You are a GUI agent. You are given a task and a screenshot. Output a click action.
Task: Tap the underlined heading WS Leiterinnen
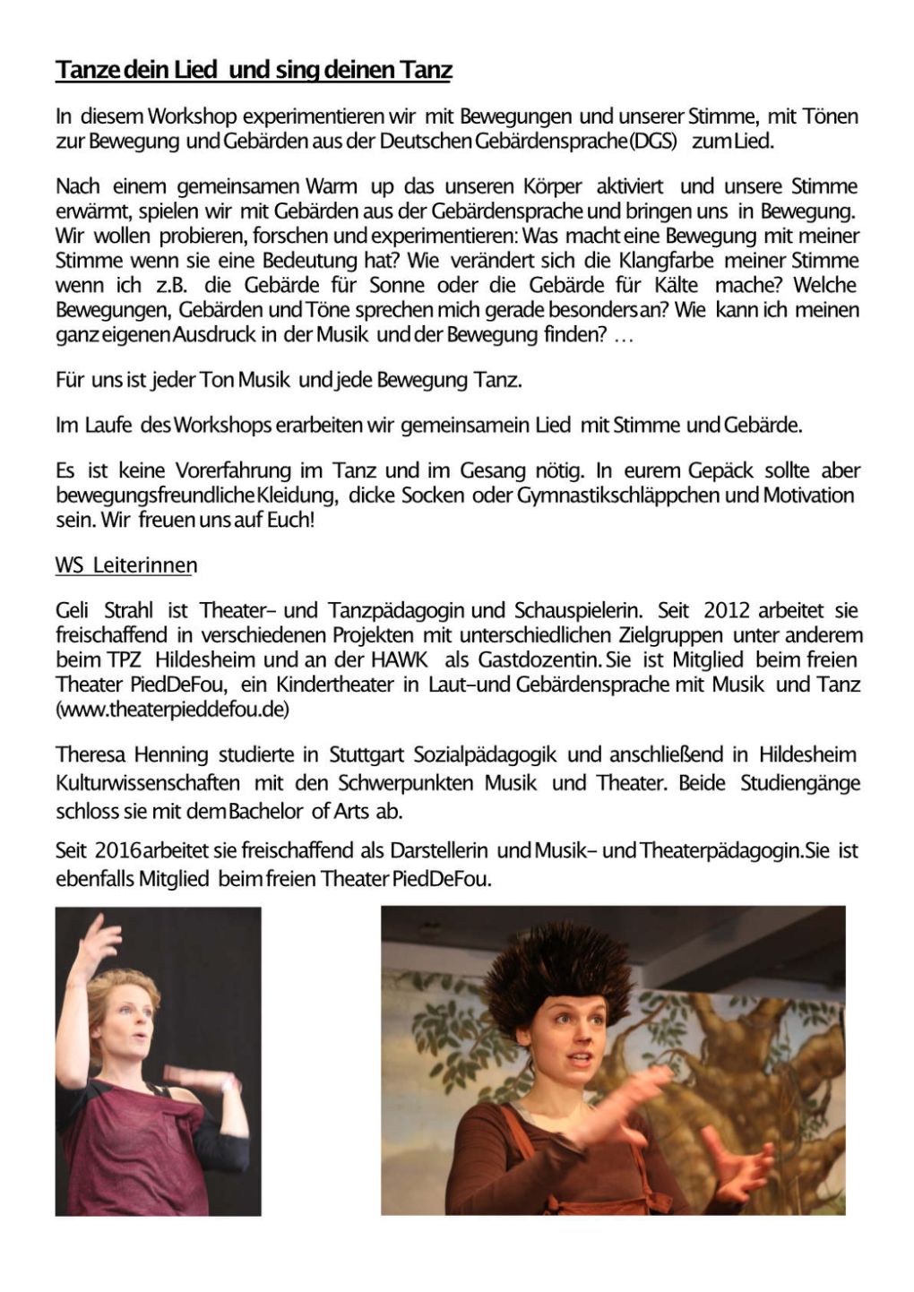pyautogui.click(x=126, y=565)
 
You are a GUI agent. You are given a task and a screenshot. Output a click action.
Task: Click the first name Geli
pyautogui.click(x=72, y=610)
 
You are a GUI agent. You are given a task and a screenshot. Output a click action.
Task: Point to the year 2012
pyautogui.click(x=727, y=610)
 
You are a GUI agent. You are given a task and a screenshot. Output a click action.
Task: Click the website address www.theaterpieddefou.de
pyautogui.click(x=172, y=709)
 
